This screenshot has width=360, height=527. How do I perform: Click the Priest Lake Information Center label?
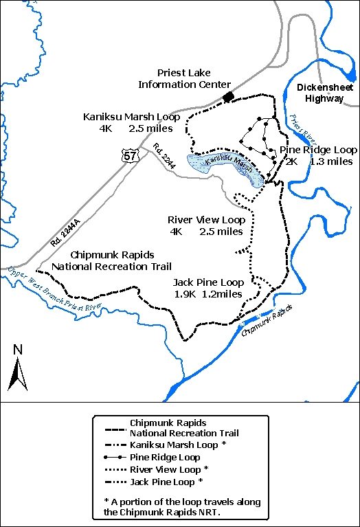click(x=184, y=78)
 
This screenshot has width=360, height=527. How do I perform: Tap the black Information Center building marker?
click(x=228, y=98)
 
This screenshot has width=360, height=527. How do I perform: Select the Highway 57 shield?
click(x=131, y=157)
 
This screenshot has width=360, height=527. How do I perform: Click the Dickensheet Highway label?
click(x=320, y=93)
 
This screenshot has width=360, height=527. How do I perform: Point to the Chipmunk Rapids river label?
click(x=262, y=320)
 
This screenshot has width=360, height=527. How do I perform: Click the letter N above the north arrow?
click(x=18, y=349)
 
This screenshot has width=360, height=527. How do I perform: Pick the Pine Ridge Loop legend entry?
click(x=165, y=457)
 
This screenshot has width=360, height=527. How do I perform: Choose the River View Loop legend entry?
click(x=169, y=469)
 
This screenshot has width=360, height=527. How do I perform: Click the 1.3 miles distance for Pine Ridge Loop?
click(x=331, y=161)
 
